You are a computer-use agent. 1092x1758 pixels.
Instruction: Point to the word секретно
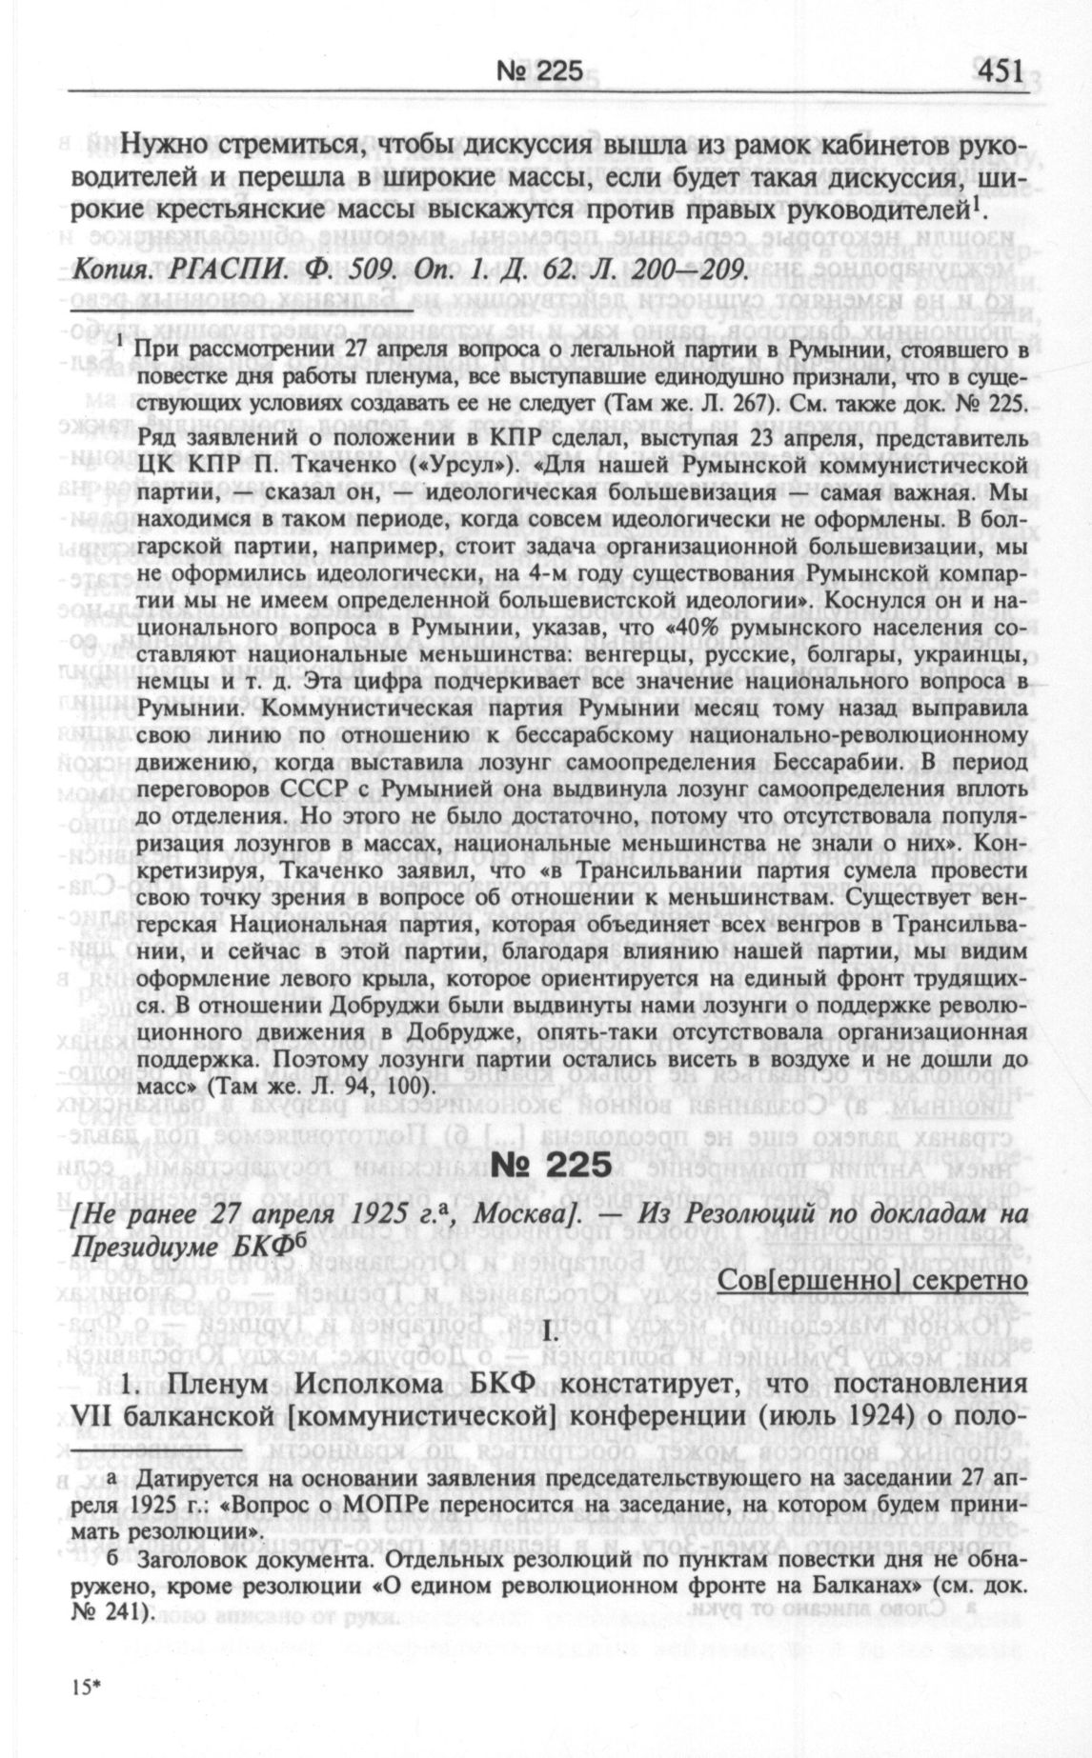coord(972,1280)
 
